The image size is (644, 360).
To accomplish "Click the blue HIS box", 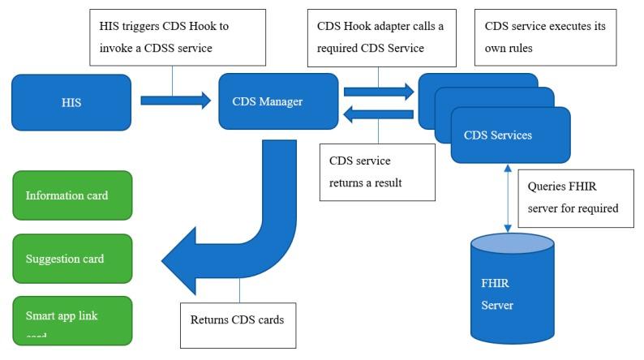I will pyautogui.click(x=71, y=102).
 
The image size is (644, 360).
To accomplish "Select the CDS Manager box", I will pyautogui.click(x=278, y=101).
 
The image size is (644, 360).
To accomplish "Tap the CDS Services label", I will pyautogui.click(x=498, y=135).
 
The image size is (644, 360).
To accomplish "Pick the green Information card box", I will pyautogui.click(x=72, y=195).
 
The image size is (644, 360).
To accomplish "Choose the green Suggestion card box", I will pyautogui.click(x=72, y=259).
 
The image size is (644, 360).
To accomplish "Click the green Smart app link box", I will pyautogui.click(x=72, y=319).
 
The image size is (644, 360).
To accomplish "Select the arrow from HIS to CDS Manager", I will pyautogui.click(x=174, y=101).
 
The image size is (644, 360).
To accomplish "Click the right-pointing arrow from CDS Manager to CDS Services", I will pyautogui.click(x=378, y=91).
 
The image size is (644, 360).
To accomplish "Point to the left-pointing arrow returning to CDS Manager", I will pyautogui.click(x=378, y=115).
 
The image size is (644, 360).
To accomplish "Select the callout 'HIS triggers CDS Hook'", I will pyautogui.click(x=173, y=37).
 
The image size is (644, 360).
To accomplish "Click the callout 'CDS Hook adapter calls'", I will pyautogui.click(x=380, y=37).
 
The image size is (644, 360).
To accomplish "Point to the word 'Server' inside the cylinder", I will pyautogui.click(x=498, y=306).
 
